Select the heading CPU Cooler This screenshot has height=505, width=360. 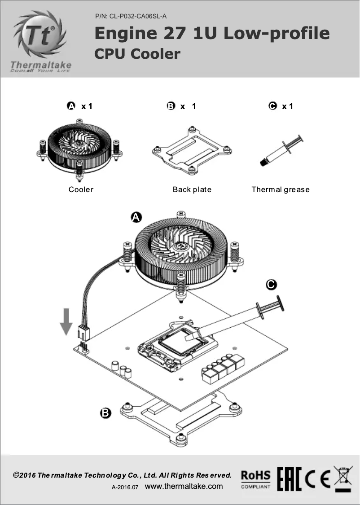(137, 54)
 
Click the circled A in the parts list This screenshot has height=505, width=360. (71, 106)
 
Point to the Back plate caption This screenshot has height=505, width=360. (192, 189)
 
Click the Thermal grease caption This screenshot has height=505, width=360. (281, 189)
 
